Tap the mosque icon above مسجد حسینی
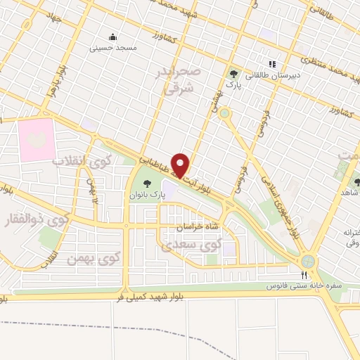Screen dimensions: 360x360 (x=112, y=37)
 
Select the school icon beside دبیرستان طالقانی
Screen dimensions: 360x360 (x=272, y=64)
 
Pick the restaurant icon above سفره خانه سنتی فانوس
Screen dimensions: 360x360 (x=304, y=276)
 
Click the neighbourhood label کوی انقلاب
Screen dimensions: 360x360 (x=83, y=160)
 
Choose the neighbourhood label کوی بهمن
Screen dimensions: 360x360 (x=89, y=259)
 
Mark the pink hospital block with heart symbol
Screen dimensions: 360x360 (x=36, y=139)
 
